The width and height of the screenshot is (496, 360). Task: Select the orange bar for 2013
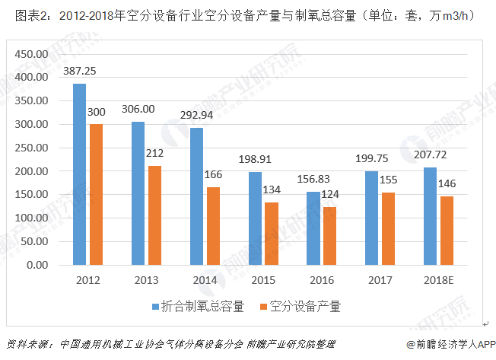pos(155,215)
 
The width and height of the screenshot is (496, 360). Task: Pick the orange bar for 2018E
pos(446,231)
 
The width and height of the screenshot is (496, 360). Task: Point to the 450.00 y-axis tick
pos(33,54)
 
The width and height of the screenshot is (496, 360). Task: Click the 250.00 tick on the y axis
pos(33,148)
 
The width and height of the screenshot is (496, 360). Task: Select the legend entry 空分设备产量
pos(304,307)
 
